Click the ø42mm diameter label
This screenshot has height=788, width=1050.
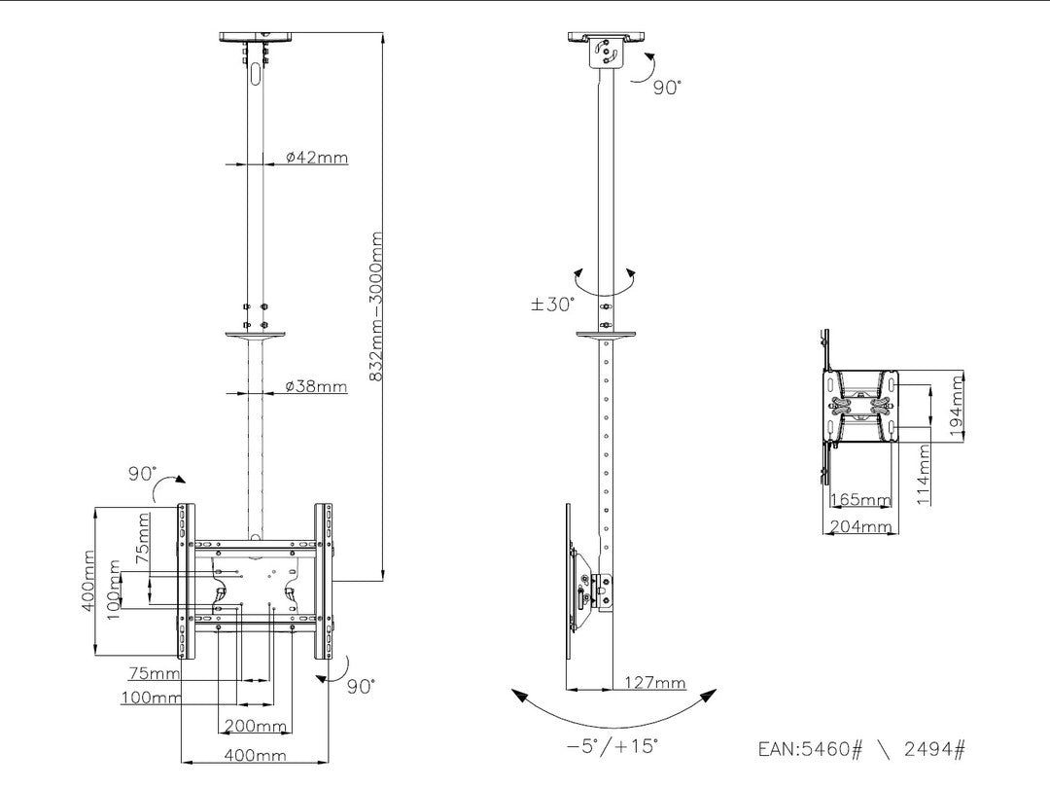[x=317, y=158]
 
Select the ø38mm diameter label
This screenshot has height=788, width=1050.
[x=317, y=386]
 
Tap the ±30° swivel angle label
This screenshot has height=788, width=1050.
[x=552, y=304]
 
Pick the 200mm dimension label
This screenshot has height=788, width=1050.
[x=256, y=726]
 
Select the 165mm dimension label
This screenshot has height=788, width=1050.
[x=860, y=501]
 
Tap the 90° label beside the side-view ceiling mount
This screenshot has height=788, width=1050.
[x=667, y=87]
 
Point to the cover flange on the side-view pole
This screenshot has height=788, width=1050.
[x=606, y=336]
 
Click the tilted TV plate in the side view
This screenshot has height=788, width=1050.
[x=568, y=584]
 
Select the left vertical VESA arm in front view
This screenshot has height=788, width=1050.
[x=186, y=582]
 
